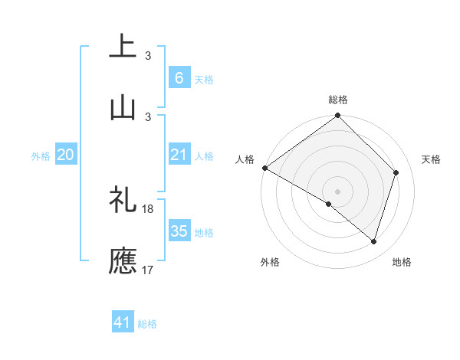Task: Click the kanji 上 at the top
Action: click(123, 47)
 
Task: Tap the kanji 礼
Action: click(123, 201)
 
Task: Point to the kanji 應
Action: click(123, 261)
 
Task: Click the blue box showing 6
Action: click(179, 77)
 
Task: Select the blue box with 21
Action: click(179, 155)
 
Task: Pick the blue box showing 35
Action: click(179, 231)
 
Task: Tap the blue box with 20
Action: click(65, 155)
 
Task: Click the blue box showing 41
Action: click(123, 322)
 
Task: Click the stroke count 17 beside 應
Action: click(148, 270)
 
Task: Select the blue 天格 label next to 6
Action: click(204, 79)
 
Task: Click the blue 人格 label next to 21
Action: click(204, 155)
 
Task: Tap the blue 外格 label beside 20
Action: click(41, 155)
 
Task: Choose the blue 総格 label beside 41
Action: click(147, 324)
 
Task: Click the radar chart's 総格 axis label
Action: click(337, 100)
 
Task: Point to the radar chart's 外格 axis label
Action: click(270, 262)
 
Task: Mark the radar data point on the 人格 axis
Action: click(264, 168)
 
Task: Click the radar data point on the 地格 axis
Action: click(374, 241)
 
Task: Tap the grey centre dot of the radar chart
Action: click(337, 191)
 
